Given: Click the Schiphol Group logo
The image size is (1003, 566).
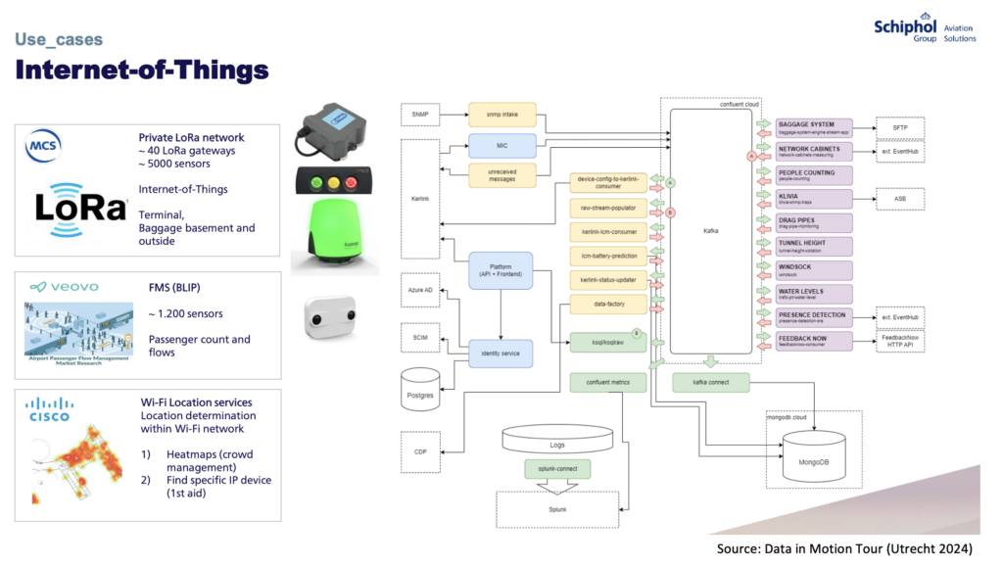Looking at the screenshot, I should pos(925,29).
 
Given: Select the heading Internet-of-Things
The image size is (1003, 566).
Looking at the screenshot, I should pos(142,71).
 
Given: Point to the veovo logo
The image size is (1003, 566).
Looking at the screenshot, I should pos(64,287).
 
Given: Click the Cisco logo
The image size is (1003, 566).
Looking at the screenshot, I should pos(49,409).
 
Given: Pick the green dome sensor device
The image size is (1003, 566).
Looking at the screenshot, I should pos(328,232).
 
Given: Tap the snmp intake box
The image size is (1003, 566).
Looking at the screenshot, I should pos(502,116).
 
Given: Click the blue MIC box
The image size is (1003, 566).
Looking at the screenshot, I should pos(502,145).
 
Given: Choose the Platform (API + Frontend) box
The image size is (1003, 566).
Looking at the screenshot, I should pos(501,270).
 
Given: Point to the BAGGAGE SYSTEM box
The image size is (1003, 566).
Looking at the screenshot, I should pos(812,127).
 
